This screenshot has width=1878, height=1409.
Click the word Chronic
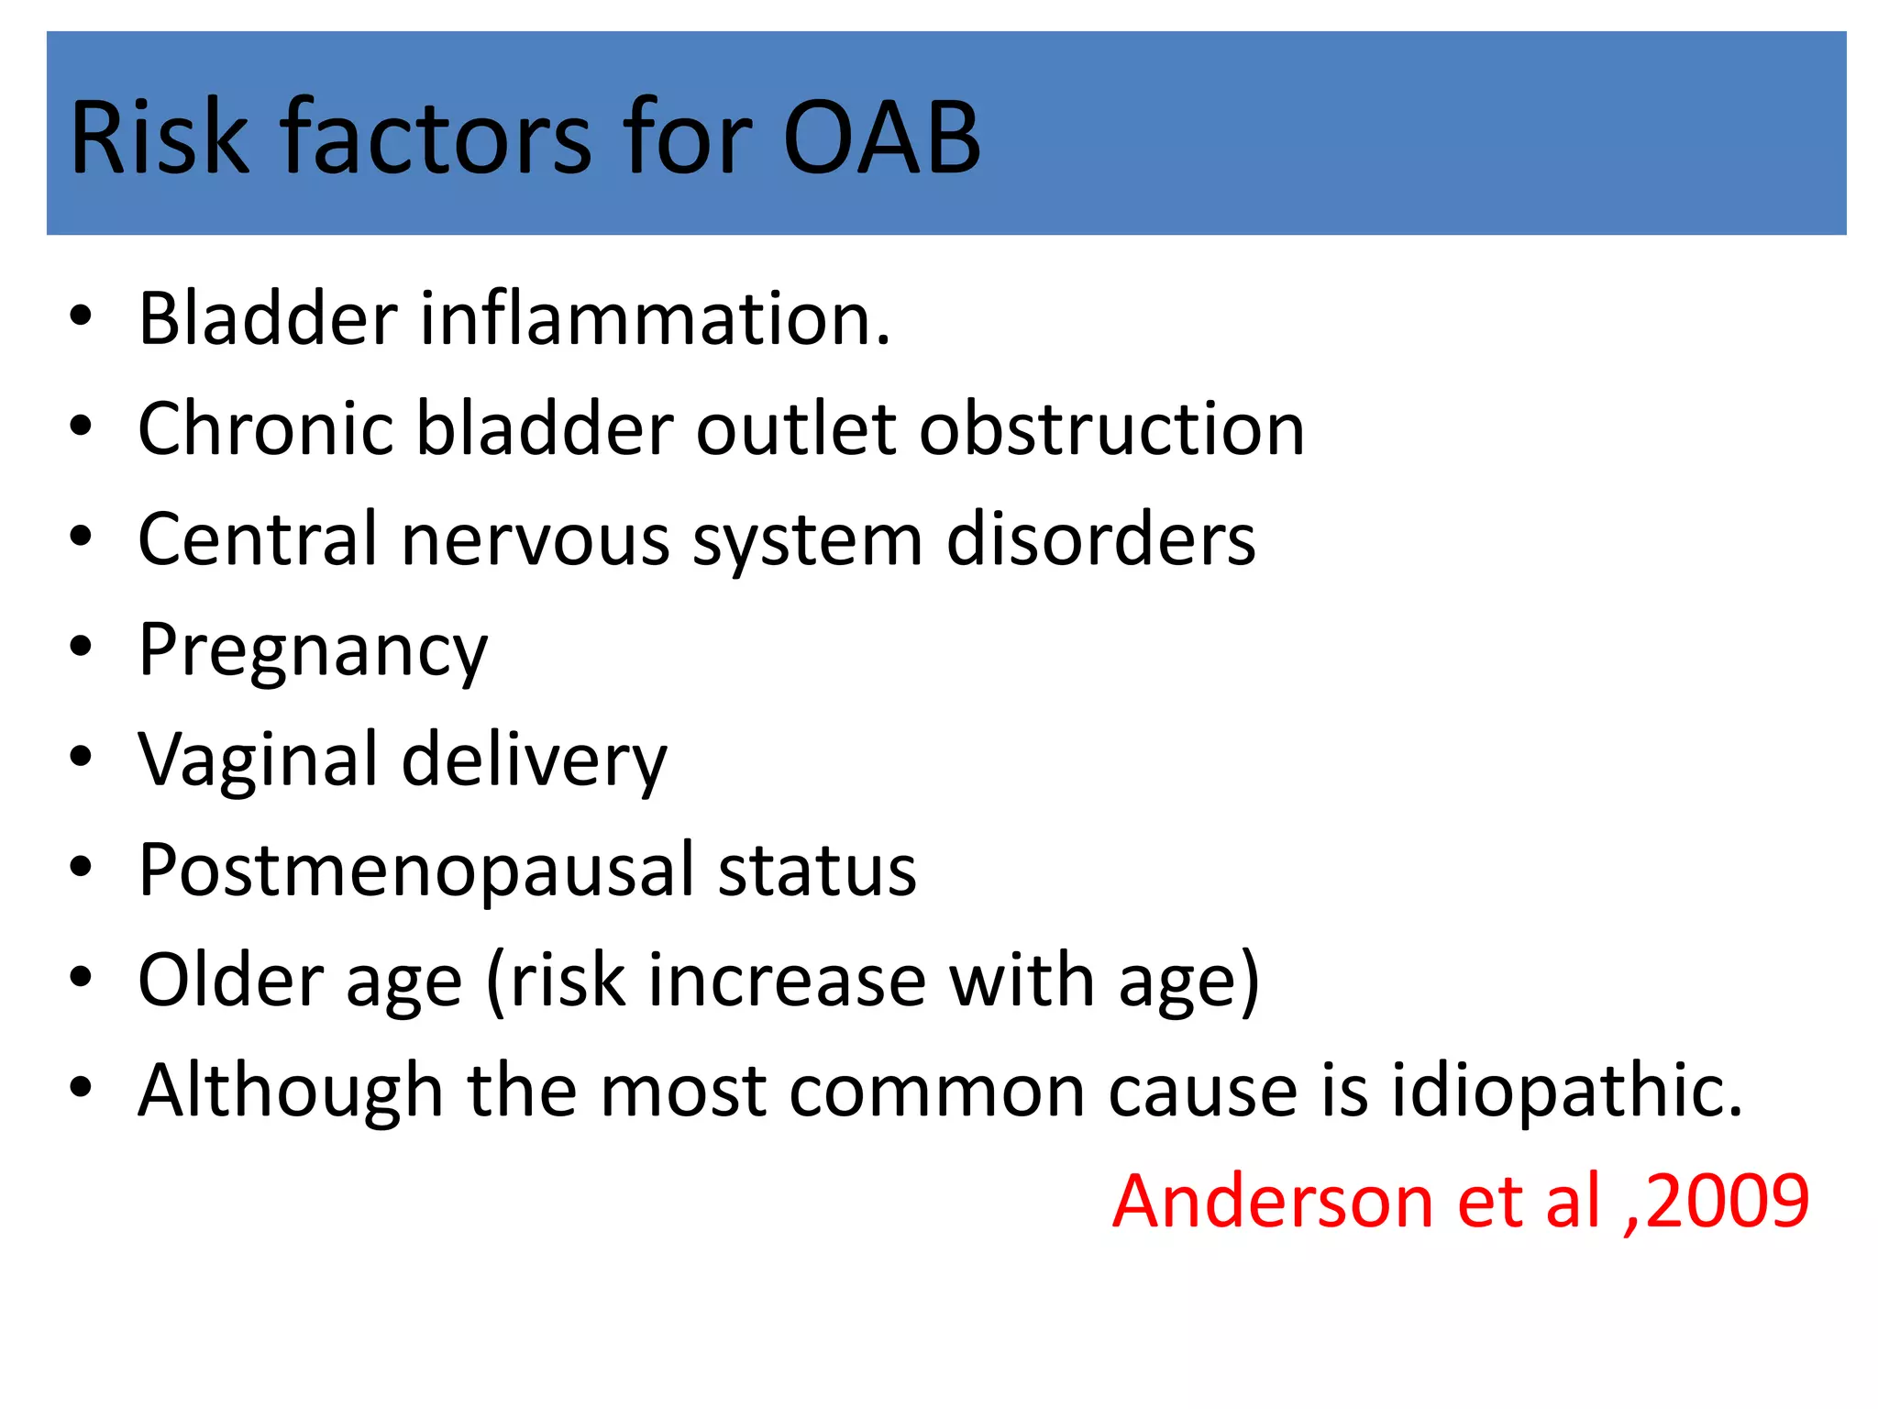[265, 429]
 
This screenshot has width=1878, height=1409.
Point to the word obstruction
[1111, 429]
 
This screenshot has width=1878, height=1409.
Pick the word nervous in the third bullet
[536, 540]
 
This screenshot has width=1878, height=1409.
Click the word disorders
[1100, 540]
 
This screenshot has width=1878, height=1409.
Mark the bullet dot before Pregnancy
[81, 647]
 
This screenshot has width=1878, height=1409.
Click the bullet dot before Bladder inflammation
[81, 316]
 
